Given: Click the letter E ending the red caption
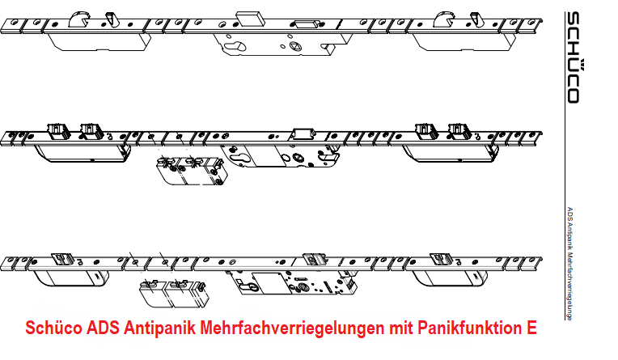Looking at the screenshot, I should click(531, 329).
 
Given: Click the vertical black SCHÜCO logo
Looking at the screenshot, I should click(572, 57).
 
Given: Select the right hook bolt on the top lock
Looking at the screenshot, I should click(447, 19).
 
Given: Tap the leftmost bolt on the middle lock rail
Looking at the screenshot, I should click(57, 129).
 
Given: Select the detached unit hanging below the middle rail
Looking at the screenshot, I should click(190, 170).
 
